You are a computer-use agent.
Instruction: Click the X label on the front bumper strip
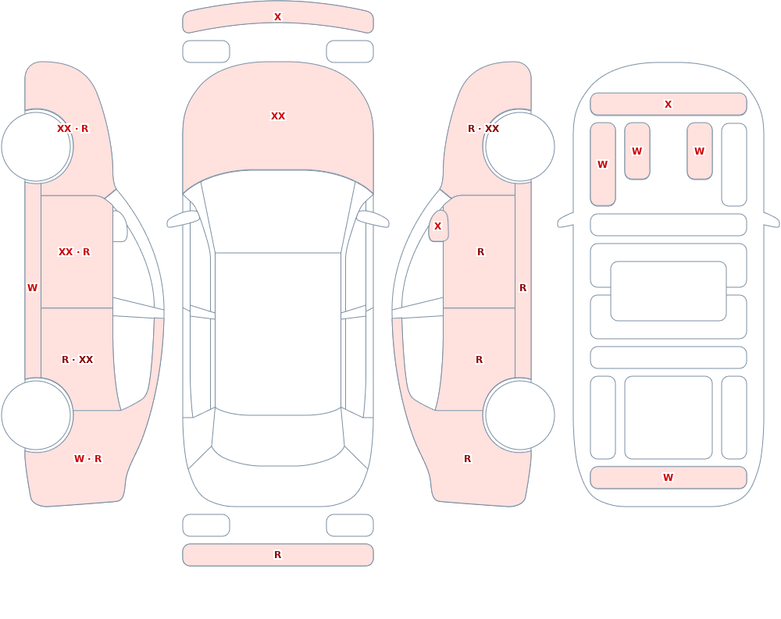pos(277,17)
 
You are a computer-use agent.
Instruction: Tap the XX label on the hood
pos(278,116)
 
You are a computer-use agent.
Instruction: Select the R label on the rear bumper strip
pos(277,555)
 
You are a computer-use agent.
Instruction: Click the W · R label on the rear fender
pos(87,459)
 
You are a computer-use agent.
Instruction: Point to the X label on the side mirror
pos(438,226)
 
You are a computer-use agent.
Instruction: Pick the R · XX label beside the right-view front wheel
pos(483,129)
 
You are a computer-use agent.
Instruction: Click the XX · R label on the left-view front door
pos(74,252)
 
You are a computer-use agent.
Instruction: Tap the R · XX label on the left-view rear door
pos(77,360)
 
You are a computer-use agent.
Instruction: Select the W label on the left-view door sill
pos(32,288)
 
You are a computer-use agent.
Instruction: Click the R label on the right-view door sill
pos(523,288)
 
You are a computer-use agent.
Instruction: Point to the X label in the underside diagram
pos(668,105)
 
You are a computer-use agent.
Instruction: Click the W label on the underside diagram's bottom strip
pos(668,478)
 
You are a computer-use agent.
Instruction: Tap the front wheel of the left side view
pos(37,147)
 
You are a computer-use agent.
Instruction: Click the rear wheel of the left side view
pos(37,414)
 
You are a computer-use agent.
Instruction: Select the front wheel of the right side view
pos(519,147)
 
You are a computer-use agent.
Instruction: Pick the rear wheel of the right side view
pos(519,414)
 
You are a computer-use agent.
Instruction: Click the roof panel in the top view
pos(278,333)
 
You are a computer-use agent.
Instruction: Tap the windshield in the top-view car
pos(278,212)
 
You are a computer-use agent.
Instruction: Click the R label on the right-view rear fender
pos(467,459)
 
